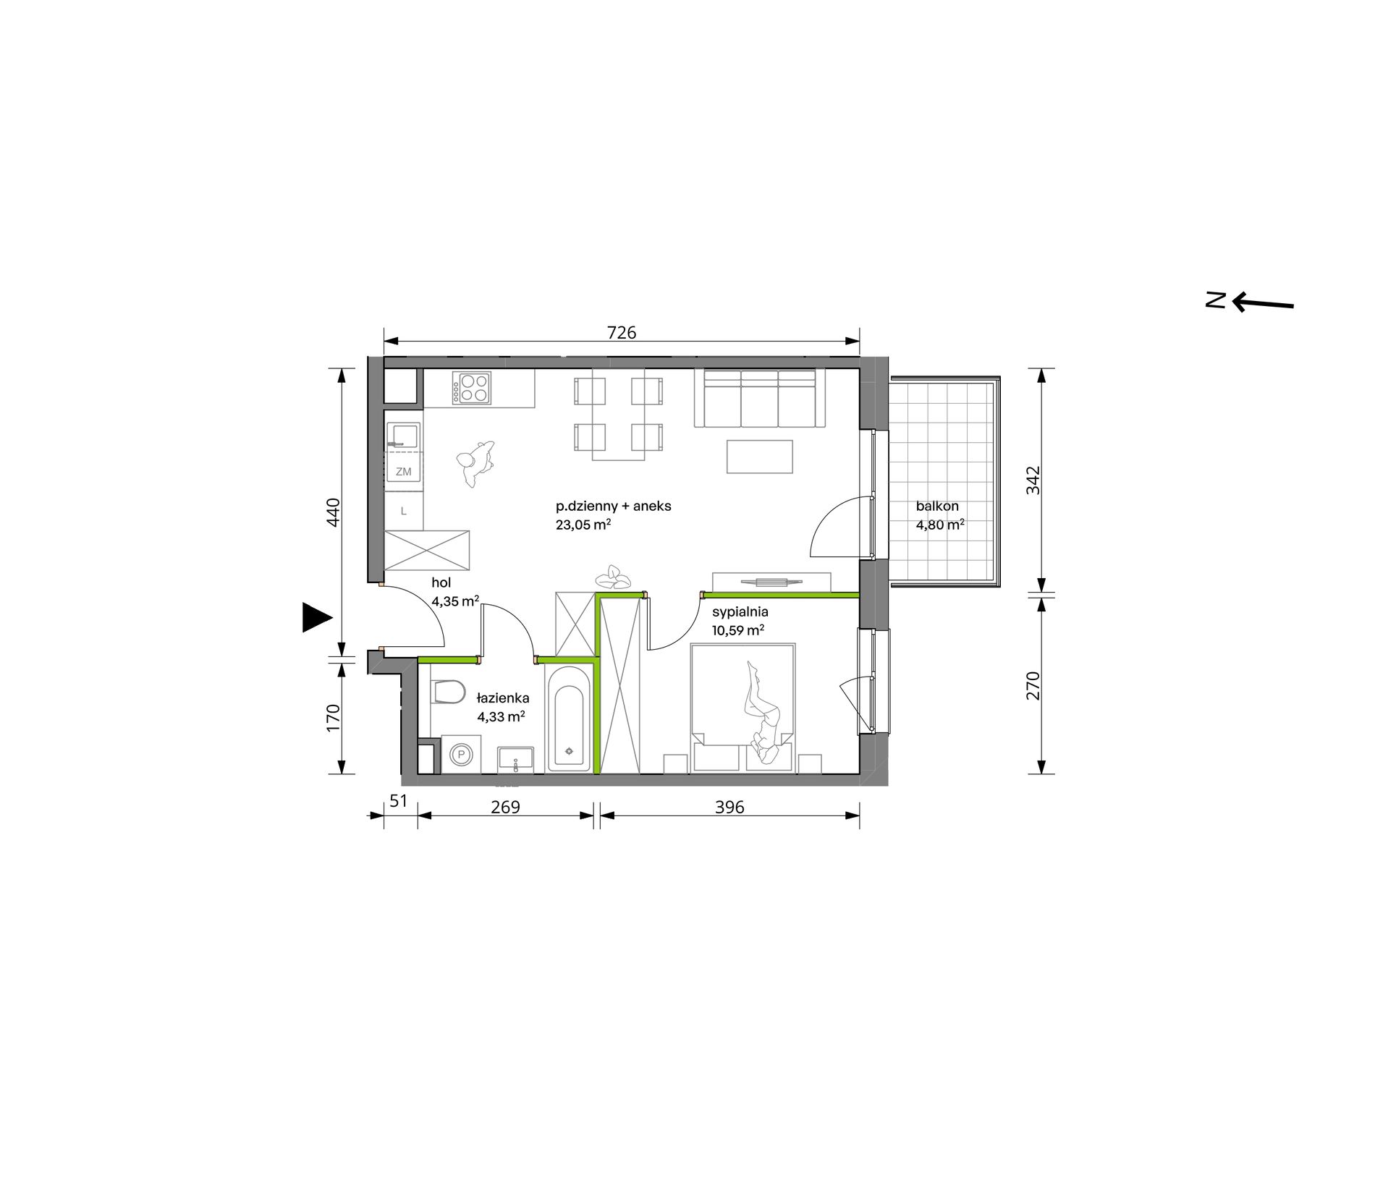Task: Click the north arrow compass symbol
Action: [1250, 301]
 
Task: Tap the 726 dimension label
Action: [622, 332]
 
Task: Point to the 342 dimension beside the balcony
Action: [1033, 480]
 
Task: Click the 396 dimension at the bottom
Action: [729, 807]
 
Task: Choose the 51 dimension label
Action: [399, 801]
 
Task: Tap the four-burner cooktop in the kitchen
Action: [472, 388]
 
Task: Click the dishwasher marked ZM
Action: [403, 471]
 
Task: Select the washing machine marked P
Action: [460, 755]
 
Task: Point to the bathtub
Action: [568, 718]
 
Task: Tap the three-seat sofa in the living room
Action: [760, 398]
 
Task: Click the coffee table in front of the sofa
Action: [760, 457]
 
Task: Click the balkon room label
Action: [937, 507]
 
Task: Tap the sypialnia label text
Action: [740, 612]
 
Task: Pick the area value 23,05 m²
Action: [583, 525]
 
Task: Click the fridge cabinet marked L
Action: [403, 511]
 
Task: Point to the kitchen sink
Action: [403, 436]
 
